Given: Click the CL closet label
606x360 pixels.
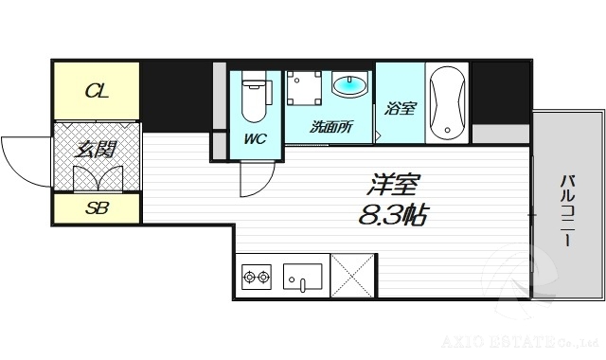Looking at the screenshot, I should pos(96,91).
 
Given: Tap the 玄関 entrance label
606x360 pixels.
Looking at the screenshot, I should pos(96,148).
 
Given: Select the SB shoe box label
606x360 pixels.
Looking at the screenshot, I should pos(96,208).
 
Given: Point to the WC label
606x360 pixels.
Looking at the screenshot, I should pos(255,139).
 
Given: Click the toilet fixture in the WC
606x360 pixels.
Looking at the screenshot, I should pos(254,99).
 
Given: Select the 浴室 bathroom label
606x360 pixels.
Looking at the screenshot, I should pos(400,108).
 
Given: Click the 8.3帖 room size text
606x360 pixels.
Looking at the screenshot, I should pos(392,214).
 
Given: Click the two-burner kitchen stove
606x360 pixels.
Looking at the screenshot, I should pos(257,278).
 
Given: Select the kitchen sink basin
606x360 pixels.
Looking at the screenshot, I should pos(301,277).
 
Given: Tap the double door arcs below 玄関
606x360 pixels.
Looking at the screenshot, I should pos(95,178).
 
